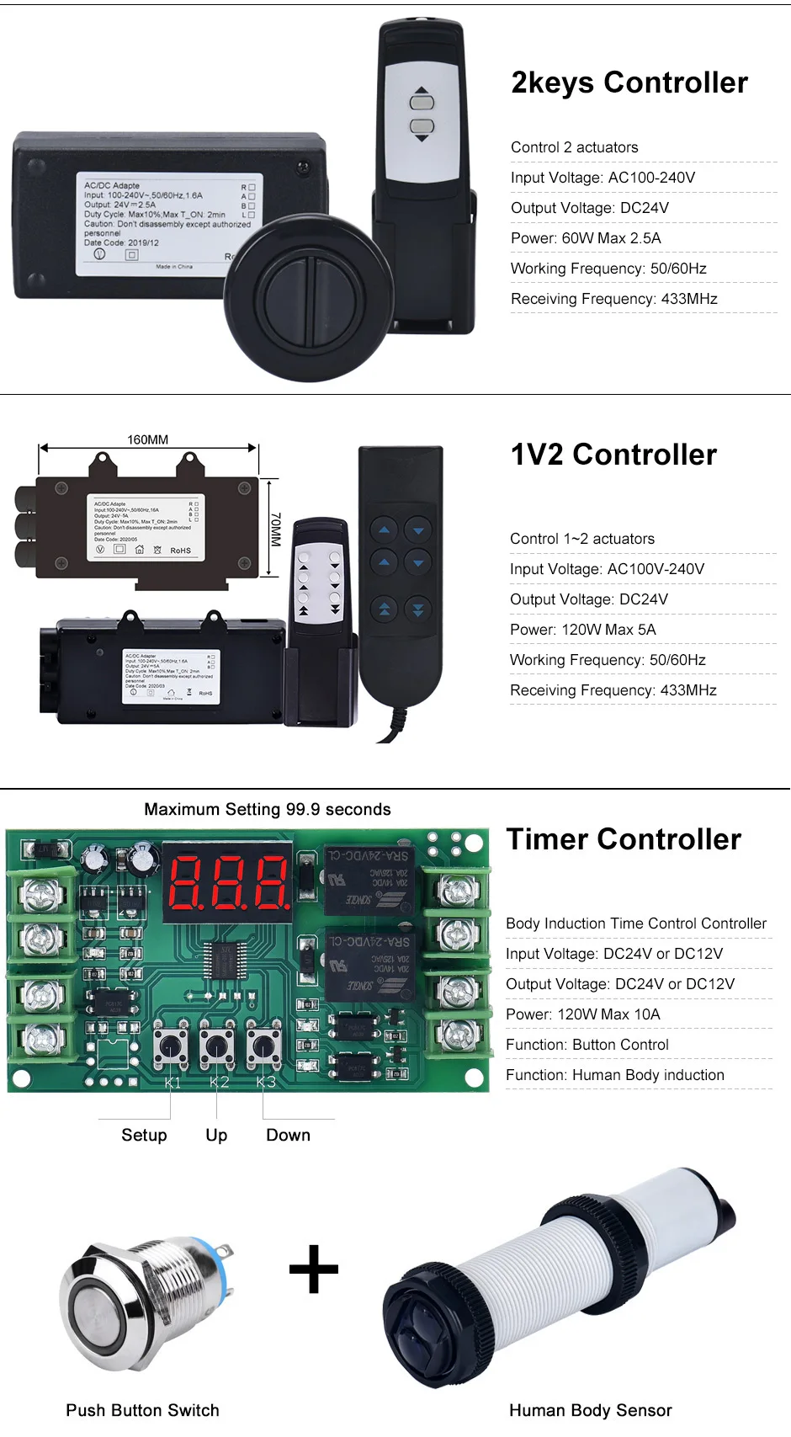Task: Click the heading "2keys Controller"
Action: pyautogui.click(x=629, y=82)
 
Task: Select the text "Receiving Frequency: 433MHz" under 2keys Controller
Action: pyautogui.click(x=613, y=299)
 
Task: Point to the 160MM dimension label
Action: pyautogui.click(x=147, y=439)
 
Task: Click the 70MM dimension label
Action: pyautogui.click(x=275, y=530)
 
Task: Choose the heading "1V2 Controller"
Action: pyautogui.click(x=613, y=455)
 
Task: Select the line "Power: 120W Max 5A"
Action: pyautogui.click(x=582, y=630)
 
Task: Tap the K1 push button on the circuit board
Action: pyautogui.click(x=172, y=1046)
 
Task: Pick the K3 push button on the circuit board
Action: pyautogui.click(x=265, y=1046)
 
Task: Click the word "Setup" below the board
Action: pyautogui.click(x=144, y=1135)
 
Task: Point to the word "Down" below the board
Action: pyautogui.click(x=288, y=1135)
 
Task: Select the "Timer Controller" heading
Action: pyautogui.click(x=624, y=839)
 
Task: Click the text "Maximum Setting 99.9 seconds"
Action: pyautogui.click(x=268, y=809)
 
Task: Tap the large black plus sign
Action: pyautogui.click(x=314, y=1269)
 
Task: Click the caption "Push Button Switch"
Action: pyautogui.click(x=142, y=1410)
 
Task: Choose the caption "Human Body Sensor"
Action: pyautogui.click(x=590, y=1410)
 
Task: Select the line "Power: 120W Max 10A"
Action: pyautogui.click(x=582, y=1014)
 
